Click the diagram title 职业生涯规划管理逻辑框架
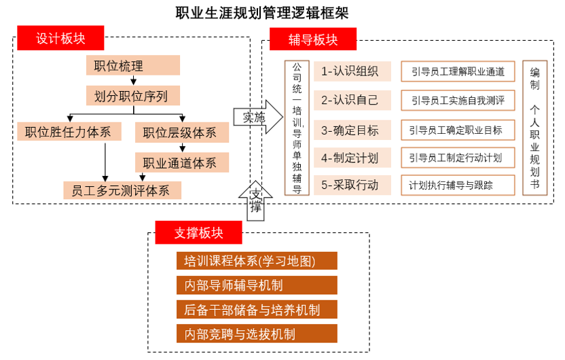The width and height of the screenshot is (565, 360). coord(262,13)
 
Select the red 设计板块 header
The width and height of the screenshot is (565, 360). coord(60,38)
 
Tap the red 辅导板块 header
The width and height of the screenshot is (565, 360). coord(313,39)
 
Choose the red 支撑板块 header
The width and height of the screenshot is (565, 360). coord(198,232)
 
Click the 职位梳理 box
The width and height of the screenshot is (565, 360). coord(133,65)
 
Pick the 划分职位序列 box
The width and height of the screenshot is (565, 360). coord(133,96)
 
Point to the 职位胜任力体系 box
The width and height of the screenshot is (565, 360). coord(69,132)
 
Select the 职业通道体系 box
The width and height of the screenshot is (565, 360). coord(182,162)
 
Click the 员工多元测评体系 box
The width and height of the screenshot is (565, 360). coord(122,190)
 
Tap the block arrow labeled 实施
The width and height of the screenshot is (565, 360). coord(258,117)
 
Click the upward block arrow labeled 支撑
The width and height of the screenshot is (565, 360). coord(255,201)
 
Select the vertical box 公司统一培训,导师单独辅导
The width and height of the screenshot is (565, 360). coord(297,128)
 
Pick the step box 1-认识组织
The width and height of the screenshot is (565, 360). coord(352,71)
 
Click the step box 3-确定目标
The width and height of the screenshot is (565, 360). coord(352,130)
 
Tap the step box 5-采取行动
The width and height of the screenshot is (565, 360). coord(352,185)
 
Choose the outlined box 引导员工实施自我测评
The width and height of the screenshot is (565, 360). coord(458,100)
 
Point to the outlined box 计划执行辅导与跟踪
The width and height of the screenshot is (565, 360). coord(458,185)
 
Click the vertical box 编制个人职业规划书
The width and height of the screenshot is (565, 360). coord(535,128)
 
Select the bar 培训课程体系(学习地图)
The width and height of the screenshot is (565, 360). coord(257,261)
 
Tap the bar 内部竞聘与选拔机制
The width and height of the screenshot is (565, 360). coord(257,334)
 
